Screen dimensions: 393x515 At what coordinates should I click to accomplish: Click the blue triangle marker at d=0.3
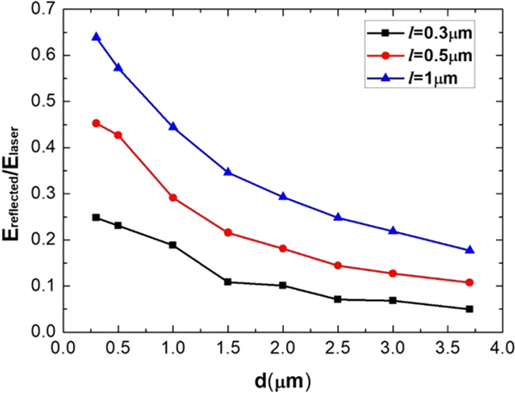[x=96, y=37]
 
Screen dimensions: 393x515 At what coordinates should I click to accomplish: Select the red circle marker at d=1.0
[x=172, y=197]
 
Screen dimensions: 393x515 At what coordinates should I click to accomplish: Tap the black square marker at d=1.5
[x=228, y=281]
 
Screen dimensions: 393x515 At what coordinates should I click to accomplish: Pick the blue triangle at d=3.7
[x=469, y=250]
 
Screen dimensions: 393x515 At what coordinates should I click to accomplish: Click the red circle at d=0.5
[x=118, y=135]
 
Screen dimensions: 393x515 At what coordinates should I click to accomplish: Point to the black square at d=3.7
[x=469, y=309]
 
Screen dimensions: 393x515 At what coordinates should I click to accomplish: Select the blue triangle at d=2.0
[x=283, y=197]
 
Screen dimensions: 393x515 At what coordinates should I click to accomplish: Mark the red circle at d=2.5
[x=338, y=266]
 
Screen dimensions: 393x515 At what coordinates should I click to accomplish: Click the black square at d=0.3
[x=96, y=218]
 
